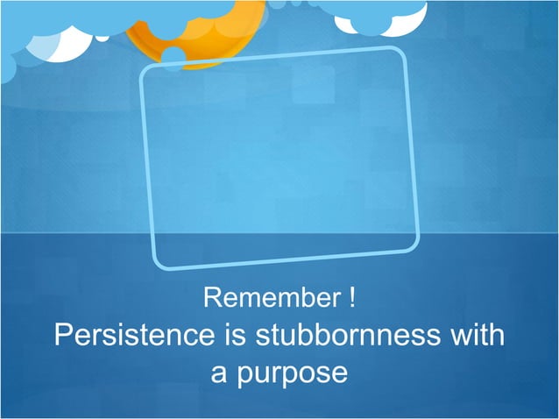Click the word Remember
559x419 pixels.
click(x=271, y=298)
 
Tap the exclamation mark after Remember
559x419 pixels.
click(x=350, y=298)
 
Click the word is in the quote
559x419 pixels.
click(x=234, y=336)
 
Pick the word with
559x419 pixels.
click(x=480, y=336)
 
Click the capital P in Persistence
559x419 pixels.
click(x=63, y=336)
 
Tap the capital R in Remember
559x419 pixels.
click(x=212, y=298)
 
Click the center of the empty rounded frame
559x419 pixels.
click(x=279, y=158)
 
